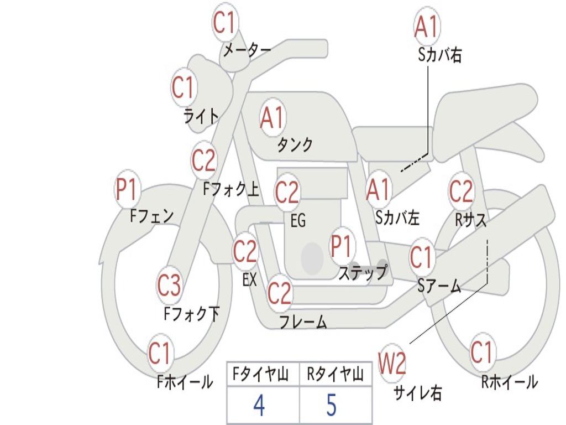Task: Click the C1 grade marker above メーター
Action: [x=226, y=22]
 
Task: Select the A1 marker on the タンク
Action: [x=273, y=117]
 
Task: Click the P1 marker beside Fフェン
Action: [x=127, y=189]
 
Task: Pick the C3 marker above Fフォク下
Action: [x=169, y=285]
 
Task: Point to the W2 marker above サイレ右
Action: [x=392, y=363]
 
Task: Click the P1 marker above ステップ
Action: [x=341, y=246]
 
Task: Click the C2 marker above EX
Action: [x=245, y=251]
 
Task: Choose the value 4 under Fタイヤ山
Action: [x=259, y=405]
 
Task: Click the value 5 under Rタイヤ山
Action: [x=332, y=405]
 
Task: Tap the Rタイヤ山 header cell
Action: [x=336, y=374]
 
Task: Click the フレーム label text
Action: [x=303, y=322]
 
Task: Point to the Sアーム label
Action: [x=439, y=286]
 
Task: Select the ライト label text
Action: [x=201, y=116]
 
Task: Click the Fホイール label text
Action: [x=185, y=382]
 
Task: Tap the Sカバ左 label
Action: [x=397, y=217]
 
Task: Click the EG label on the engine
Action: [x=298, y=220]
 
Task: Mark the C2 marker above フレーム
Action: [x=280, y=292]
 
